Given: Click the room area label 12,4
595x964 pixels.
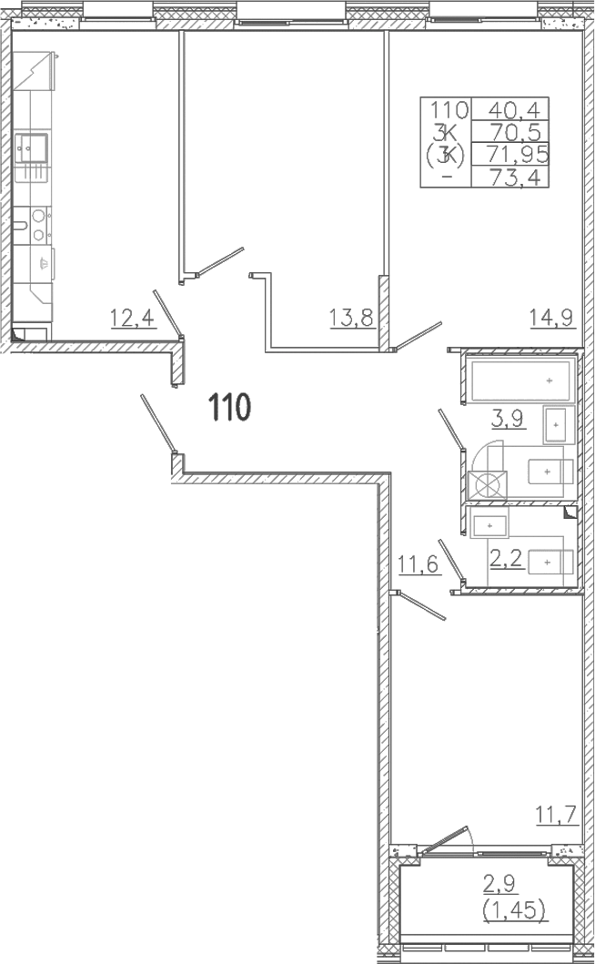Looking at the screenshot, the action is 132,318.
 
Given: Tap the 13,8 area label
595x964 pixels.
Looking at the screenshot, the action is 352,318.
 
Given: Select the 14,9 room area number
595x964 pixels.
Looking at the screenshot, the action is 551,318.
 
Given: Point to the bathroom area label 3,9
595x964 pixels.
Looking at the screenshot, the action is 507,419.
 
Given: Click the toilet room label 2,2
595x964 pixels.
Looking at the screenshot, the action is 507,559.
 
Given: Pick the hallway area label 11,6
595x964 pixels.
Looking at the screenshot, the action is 419,564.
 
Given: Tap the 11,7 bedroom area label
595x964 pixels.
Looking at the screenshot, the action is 556,816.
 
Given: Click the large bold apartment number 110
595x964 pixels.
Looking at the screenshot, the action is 230,408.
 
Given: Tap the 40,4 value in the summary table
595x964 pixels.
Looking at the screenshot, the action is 514,110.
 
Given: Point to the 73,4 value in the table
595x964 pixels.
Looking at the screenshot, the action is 514,178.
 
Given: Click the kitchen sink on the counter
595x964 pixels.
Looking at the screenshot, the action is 31,148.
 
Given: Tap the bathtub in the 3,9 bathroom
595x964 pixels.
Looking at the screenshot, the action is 522,381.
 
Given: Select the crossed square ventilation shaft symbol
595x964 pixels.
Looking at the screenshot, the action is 488,485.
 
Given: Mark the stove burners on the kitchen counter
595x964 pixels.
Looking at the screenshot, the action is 39,225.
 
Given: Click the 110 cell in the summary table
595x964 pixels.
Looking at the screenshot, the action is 449,110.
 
